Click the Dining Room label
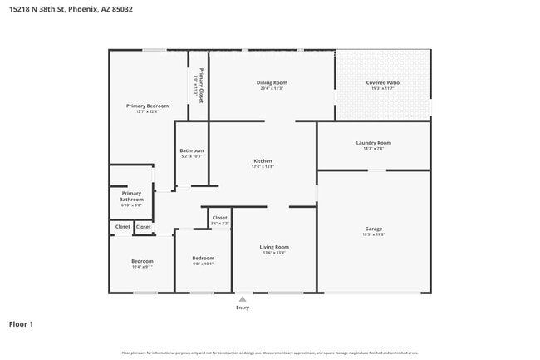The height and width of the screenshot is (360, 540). [272, 82]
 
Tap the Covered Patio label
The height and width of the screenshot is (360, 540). [382, 82]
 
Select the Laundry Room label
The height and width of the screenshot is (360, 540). [373, 142]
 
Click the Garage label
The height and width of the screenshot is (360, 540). [373, 229]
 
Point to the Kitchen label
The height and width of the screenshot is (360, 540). [263, 160]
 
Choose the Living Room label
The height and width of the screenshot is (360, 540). [274, 247]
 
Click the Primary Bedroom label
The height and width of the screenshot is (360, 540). [147, 106]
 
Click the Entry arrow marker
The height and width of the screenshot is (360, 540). [243, 298]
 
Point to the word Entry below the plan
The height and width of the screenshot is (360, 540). [243, 308]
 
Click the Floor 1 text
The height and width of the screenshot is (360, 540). [22, 323]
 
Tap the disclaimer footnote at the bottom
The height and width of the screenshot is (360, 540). [270, 353]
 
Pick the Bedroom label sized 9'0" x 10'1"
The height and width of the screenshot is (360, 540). [204, 258]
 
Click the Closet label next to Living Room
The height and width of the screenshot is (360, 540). [220, 218]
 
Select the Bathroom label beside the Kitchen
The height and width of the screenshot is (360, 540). [192, 150]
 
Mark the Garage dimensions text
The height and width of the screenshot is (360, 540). [373, 234]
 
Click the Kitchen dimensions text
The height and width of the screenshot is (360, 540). [263, 167]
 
